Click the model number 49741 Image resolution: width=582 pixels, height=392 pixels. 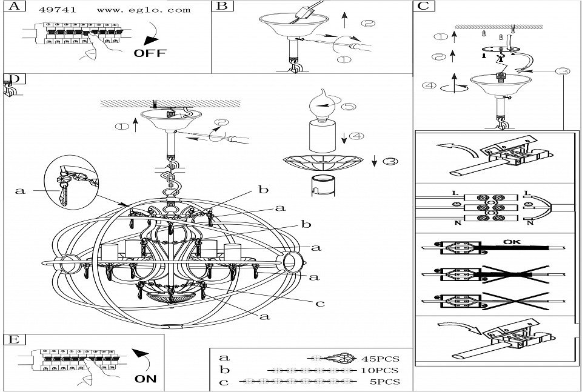coord(51,10)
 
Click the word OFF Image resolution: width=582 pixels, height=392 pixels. coord(149,53)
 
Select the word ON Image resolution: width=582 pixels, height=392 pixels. coord(145,379)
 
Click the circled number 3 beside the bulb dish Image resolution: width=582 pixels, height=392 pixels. coord(392,161)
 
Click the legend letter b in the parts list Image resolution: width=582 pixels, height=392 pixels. coord(224,370)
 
